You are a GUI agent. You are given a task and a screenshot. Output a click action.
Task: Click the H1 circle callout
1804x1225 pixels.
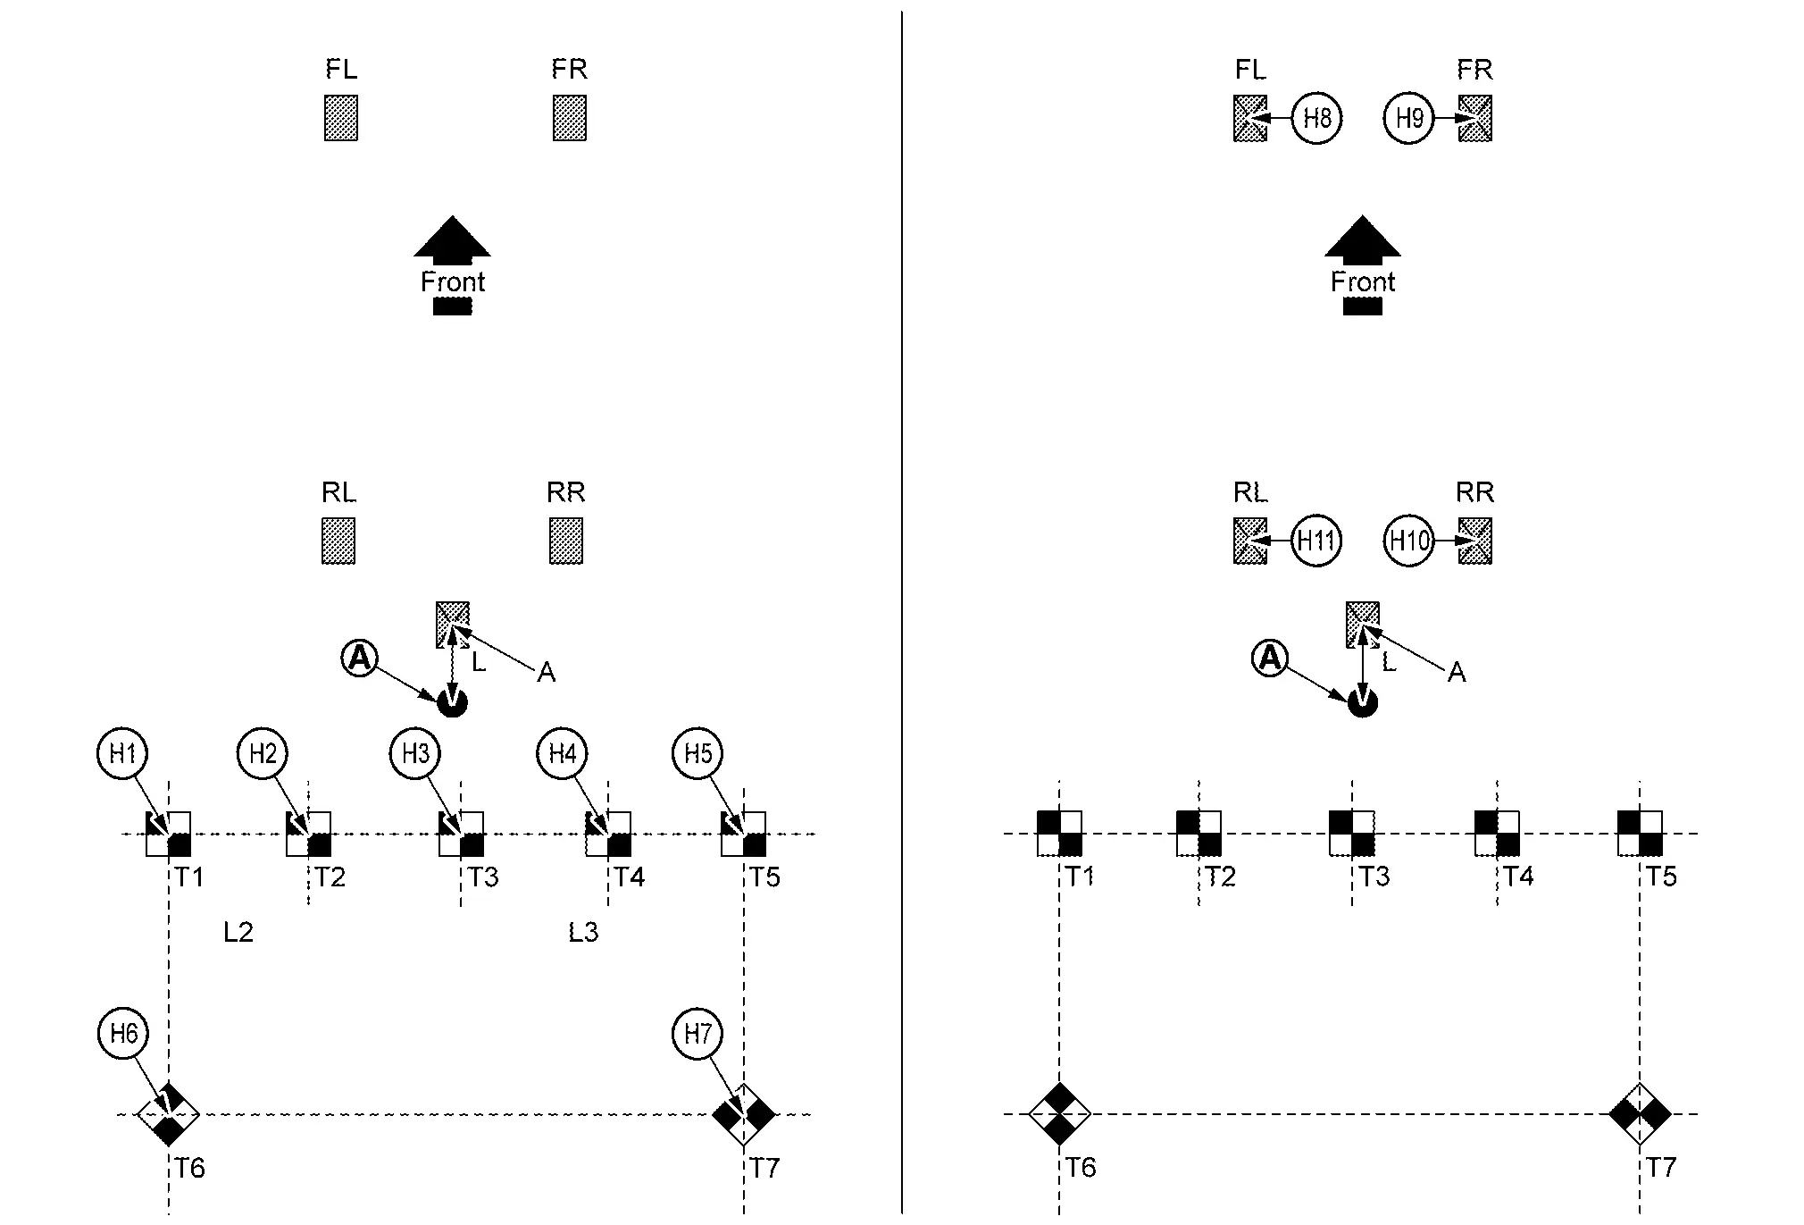(122, 753)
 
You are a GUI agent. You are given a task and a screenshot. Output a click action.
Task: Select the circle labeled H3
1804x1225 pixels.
(416, 753)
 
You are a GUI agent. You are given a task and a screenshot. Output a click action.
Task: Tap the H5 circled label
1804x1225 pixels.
(697, 753)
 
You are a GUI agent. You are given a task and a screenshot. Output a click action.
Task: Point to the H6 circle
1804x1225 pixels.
(123, 1034)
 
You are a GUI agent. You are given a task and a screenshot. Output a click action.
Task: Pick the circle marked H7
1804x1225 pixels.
(697, 1034)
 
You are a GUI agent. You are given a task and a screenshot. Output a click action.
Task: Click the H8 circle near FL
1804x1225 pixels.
(1317, 118)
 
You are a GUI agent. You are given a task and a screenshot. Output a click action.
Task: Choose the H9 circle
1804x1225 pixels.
(1409, 118)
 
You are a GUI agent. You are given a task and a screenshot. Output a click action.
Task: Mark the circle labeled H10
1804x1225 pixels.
(1409, 541)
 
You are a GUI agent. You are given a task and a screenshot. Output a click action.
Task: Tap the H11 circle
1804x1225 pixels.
(1316, 541)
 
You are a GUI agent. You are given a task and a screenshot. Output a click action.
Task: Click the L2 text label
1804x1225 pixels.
(238, 933)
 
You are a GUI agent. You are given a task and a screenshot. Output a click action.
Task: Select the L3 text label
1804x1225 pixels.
(583, 933)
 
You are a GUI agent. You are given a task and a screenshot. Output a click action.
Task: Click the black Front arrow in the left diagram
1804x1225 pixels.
(453, 239)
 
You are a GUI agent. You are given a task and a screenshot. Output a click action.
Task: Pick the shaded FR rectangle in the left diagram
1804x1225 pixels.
(570, 118)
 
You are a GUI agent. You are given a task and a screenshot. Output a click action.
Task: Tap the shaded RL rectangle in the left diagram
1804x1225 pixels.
(338, 541)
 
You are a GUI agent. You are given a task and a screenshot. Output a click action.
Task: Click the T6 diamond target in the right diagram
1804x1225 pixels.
(1059, 1114)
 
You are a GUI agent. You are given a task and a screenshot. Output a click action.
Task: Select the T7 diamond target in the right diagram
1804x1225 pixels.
(1640, 1114)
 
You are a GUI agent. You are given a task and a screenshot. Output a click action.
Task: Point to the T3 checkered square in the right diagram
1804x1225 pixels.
(1351, 833)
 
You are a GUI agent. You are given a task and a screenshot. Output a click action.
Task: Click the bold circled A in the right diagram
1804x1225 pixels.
(1269, 659)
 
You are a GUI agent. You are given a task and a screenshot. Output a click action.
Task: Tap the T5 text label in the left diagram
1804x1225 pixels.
(765, 877)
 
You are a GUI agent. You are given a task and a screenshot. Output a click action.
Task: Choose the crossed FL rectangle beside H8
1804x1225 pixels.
(1250, 118)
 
